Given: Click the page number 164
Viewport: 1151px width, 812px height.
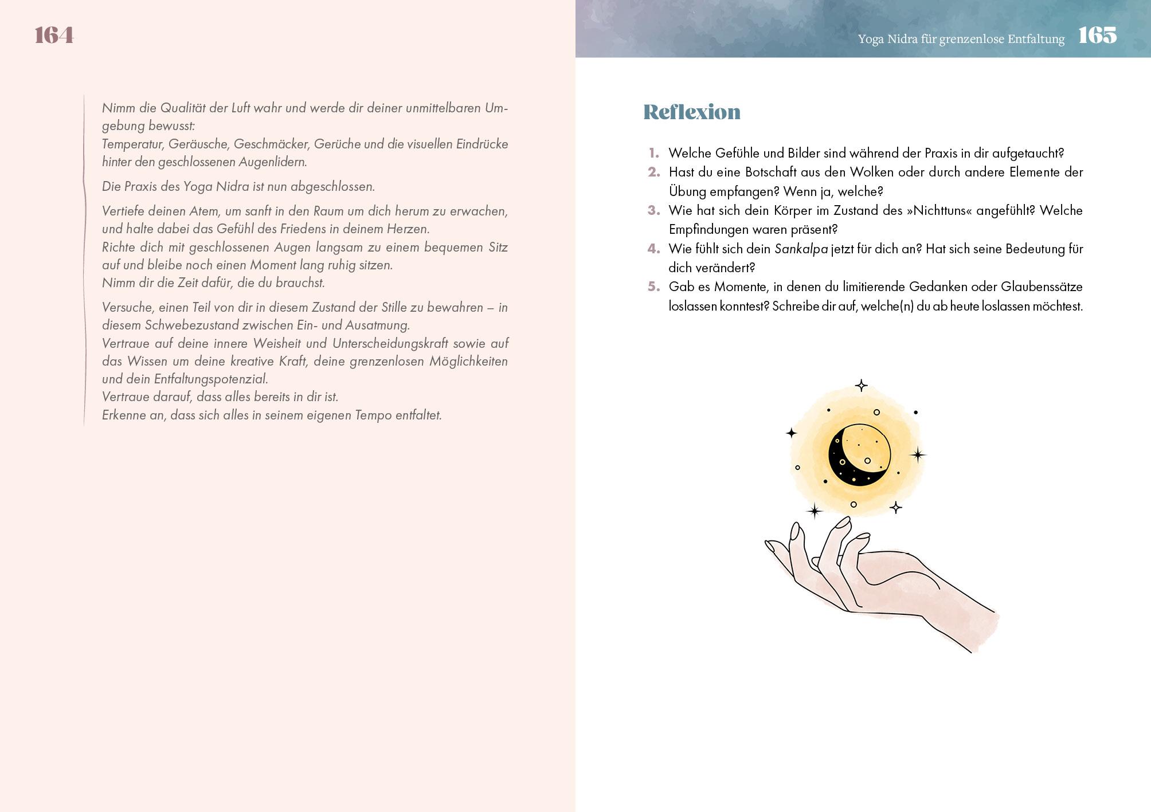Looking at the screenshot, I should [x=54, y=36].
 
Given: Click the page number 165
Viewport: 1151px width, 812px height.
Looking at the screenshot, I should [x=1097, y=36].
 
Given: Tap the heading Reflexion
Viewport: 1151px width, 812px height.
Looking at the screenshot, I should [x=691, y=112].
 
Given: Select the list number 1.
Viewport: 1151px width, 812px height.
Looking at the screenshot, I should [x=654, y=153].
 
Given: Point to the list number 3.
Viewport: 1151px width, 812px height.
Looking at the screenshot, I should [x=653, y=210].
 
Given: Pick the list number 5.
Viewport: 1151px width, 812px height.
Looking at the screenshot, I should [x=653, y=287].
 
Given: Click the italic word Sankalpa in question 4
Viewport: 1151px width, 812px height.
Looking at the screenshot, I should [x=801, y=249].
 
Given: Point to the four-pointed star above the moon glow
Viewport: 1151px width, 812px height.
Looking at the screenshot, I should [x=861, y=386].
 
